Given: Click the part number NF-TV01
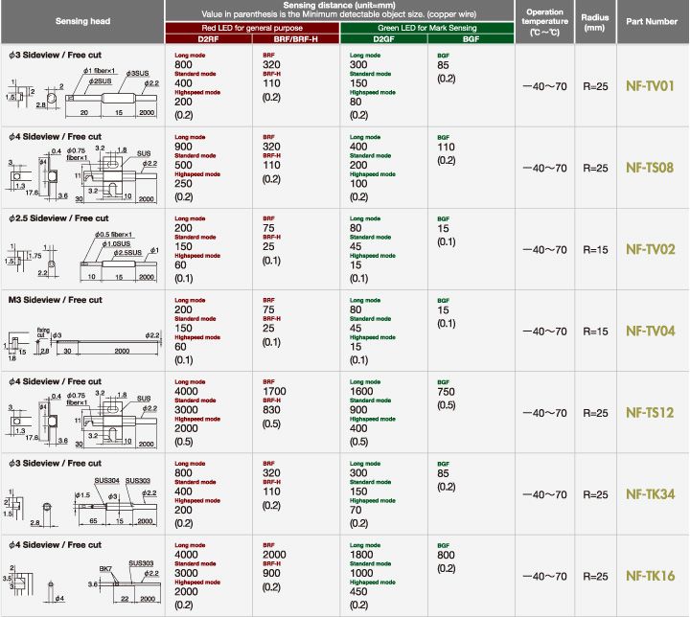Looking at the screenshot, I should click(651, 86).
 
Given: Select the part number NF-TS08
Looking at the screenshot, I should click(651, 168).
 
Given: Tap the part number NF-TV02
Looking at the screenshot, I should click(651, 249).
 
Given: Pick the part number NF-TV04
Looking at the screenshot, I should click(651, 331).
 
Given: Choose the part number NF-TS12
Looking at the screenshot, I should click(651, 413).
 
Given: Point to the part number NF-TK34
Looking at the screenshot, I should click(651, 494).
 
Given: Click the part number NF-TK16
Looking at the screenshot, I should click(651, 576).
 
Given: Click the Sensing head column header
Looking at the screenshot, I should click(81, 20).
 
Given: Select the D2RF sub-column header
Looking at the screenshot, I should click(207, 39).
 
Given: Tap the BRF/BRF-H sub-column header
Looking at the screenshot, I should click(295, 39).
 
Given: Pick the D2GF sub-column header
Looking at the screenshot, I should click(383, 39).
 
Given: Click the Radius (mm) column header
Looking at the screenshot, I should click(595, 20).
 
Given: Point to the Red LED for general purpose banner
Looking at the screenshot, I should click(251, 28).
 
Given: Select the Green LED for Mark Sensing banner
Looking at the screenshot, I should click(427, 28).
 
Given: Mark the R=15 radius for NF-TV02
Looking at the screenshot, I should click(595, 249).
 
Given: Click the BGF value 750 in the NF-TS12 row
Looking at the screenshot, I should click(447, 391).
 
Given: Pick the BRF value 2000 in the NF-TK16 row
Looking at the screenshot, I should click(275, 555).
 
